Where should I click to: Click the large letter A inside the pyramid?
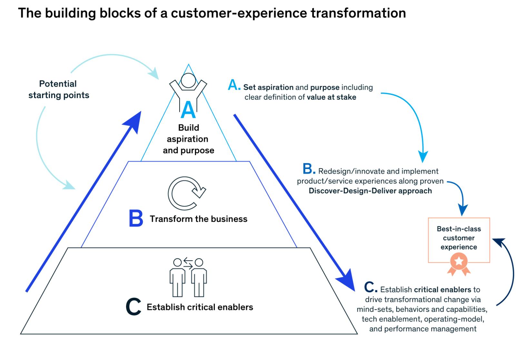pos(188,110)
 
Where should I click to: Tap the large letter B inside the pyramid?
pos(136,219)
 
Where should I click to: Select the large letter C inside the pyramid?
pos(133,307)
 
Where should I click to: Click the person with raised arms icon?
pos(188,87)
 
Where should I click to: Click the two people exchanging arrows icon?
pos(188,277)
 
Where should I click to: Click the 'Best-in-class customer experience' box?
pos(459,238)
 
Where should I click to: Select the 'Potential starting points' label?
pos(58,89)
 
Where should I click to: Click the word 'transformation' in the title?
pos(358,13)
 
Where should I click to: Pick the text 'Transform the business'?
pos(199,219)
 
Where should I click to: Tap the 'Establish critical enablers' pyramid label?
pos(200,307)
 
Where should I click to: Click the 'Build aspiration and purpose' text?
pos(189,139)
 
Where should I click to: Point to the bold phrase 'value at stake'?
pos(331,97)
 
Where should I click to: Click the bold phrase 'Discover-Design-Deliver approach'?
pos(370,191)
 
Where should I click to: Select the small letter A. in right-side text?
pos(234,85)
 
